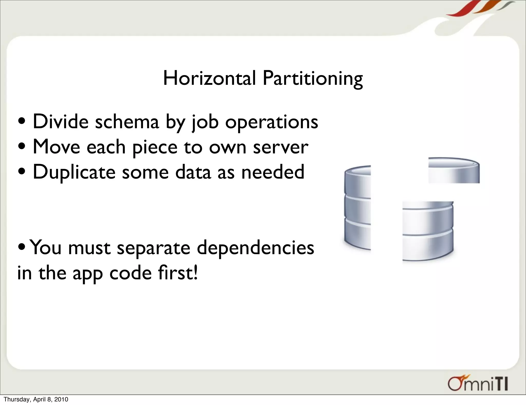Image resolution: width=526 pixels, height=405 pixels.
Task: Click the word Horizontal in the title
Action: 209,78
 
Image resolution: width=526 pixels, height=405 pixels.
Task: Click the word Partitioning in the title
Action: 313,79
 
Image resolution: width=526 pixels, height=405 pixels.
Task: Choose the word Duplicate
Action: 74,172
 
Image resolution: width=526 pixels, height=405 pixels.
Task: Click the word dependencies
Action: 255,248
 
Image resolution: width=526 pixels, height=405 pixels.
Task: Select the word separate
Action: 154,248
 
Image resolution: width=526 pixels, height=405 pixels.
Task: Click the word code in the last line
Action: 130,273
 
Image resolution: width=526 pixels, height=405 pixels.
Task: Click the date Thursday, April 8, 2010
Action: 36,399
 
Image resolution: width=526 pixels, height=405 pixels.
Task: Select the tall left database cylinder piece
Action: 357,208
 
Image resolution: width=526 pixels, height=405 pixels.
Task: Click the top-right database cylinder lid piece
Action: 454,170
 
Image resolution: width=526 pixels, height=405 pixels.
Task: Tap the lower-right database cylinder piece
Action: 428,231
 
